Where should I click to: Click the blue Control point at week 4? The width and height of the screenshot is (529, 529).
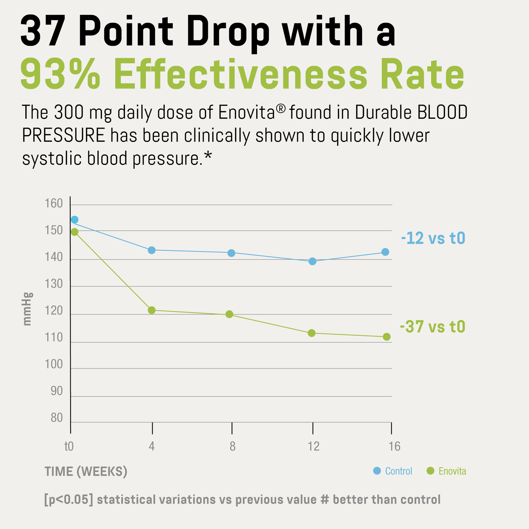[x=152, y=250]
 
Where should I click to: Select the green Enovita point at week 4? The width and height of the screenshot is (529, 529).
[x=152, y=310]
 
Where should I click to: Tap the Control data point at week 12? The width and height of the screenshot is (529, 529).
[x=312, y=261]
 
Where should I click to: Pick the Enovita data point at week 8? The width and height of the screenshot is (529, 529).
[x=229, y=314]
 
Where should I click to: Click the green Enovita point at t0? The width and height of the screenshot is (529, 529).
[x=74, y=232]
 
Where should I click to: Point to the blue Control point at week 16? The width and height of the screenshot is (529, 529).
[x=385, y=252]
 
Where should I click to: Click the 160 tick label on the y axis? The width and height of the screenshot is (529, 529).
[x=54, y=204]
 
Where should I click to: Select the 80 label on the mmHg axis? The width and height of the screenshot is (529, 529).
[x=56, y=418]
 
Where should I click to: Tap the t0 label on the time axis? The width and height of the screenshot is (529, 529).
[x=69, y=446]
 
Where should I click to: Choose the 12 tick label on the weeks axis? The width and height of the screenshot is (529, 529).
[x=313, y=446]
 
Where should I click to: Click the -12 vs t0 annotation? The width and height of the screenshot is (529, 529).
[x=433, y=239]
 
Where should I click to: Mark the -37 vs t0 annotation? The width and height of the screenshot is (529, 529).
[x=432, y=327]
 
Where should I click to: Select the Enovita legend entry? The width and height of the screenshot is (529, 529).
[x=447, y=471]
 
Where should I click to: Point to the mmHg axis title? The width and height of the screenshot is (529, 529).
[x=27, y=309]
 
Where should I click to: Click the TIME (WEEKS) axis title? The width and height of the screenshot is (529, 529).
[x=86, y=472]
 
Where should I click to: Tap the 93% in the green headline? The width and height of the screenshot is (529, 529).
[x=60, y=75]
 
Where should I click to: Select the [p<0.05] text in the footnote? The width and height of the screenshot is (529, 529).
[x=68, y=499]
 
